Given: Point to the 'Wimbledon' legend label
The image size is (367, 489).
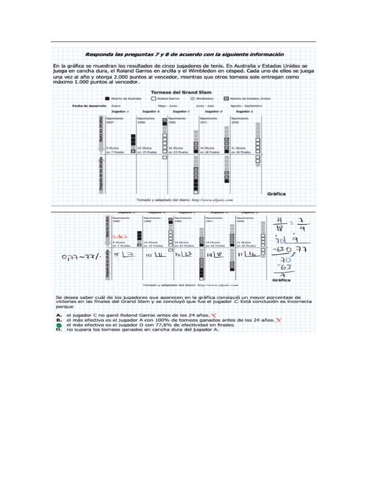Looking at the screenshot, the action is [x=210, y=98].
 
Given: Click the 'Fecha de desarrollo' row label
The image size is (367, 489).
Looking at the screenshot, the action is [x=89, y=105].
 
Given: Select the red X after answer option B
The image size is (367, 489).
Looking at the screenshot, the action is [x=278, y=320].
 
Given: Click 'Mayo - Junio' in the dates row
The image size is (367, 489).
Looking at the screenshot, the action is [x=167, y=105].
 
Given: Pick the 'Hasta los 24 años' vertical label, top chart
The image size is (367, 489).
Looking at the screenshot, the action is [x=100, y=128].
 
